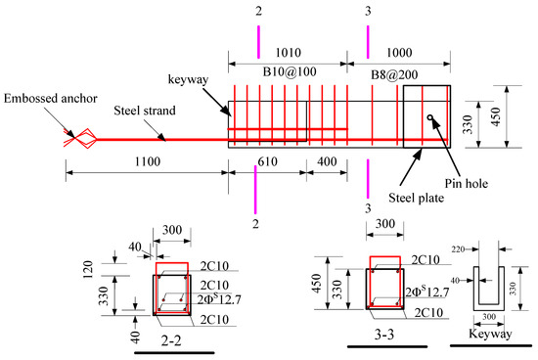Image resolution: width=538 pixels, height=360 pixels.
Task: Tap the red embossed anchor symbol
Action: pos(79,139)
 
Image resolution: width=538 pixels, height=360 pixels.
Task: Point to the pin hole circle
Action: pos(429,120)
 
